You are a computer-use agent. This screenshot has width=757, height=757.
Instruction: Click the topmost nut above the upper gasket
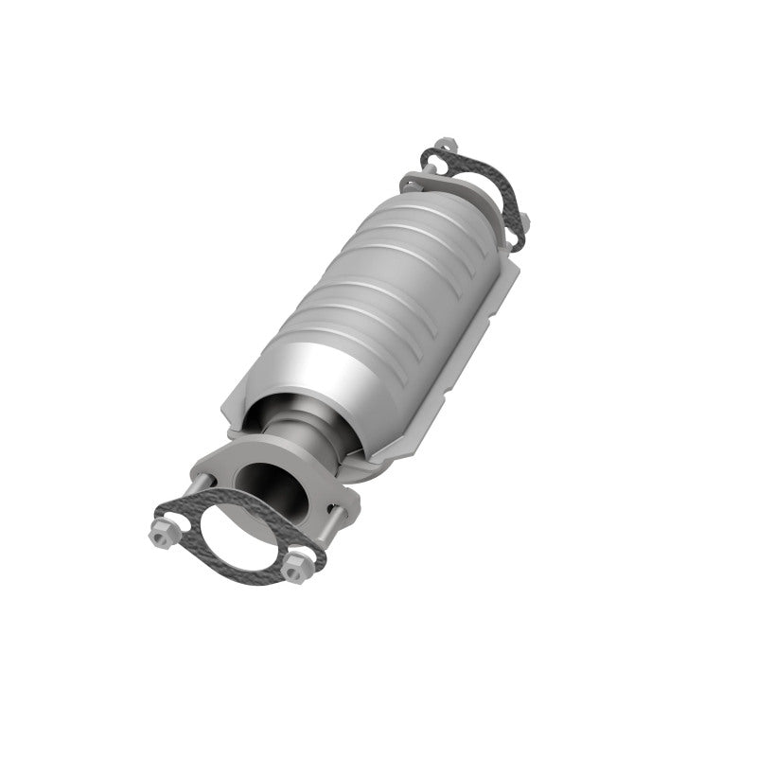pos(448,147)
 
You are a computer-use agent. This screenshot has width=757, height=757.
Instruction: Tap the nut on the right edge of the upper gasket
pos(523,221)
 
